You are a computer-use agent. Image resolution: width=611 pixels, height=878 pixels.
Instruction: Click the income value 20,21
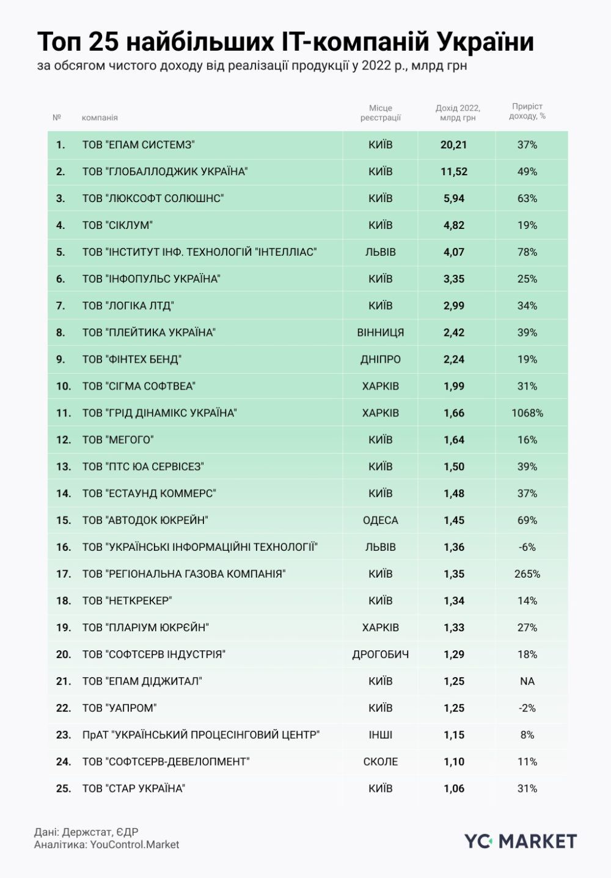pos(453,145)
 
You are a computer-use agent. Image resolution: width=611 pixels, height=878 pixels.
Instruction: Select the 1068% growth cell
pos(527,413)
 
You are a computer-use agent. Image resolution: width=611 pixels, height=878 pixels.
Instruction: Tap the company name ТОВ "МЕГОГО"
pos(118,440)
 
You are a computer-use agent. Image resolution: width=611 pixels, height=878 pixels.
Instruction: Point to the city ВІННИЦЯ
pos(380,333)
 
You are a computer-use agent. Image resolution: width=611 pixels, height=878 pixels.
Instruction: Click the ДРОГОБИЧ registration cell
pos(380,655)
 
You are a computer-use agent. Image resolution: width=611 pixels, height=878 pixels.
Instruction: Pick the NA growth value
pos(527,681)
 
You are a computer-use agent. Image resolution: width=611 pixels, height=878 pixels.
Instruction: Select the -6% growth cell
pos(527,547)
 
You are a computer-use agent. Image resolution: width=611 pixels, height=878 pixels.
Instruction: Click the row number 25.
pos(64,789)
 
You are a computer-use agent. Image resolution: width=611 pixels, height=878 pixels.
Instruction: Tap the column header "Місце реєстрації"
pos(380,113)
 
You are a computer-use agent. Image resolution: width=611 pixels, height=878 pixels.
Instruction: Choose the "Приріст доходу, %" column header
pos(527,111)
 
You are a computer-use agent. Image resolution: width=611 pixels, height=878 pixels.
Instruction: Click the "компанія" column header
pos(100,118)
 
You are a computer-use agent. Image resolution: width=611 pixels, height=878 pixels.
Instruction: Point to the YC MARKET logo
pos(520,841)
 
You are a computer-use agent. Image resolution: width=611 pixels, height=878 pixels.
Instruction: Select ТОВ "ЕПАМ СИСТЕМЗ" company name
pos(138,145)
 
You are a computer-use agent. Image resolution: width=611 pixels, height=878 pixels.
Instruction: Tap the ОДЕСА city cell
pos(380,521)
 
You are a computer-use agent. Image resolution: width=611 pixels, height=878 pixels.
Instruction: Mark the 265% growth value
pos(527,574)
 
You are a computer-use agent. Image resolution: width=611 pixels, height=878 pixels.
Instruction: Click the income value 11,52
pos(453,172)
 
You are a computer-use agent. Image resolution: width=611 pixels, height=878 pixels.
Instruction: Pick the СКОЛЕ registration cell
pos(380,762)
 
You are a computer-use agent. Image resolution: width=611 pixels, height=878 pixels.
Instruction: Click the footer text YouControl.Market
pos(134,845)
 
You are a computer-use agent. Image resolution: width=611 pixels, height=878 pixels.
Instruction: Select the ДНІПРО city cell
pos(380,360)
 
